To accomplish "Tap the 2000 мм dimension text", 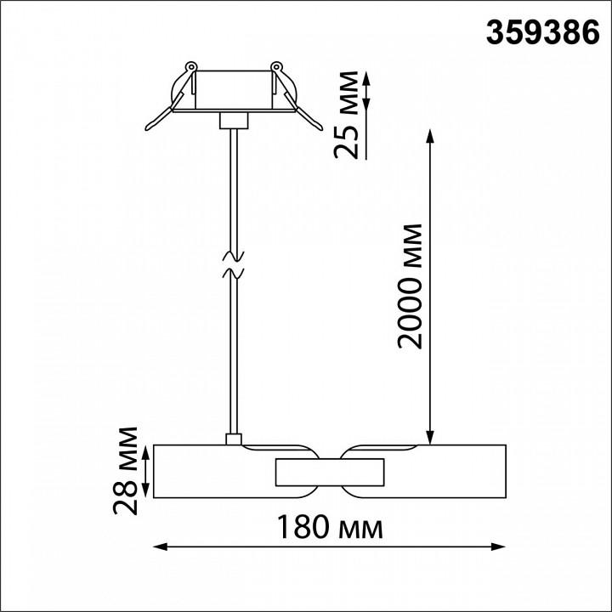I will click(x=411, y=286).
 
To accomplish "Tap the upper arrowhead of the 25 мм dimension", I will click(x=368, y=77).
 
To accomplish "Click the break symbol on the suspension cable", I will click(x=232, y=263).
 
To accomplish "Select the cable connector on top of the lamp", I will click(x=231, y=439).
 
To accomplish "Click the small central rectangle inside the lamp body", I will click(x=328, y=470).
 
